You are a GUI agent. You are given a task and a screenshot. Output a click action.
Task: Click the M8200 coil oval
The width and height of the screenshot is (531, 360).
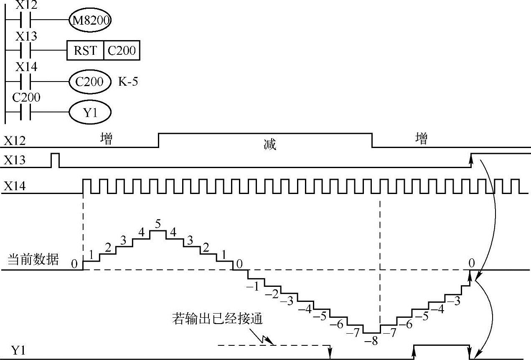(x=90, y=20)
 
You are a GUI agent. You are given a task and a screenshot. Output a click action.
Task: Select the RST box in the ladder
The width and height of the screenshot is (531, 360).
(x=85, y=51)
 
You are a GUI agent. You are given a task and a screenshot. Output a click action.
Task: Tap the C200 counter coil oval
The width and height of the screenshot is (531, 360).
(x=90, y=81)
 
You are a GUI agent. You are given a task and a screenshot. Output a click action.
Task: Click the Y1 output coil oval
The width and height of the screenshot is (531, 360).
(x=90, y=113)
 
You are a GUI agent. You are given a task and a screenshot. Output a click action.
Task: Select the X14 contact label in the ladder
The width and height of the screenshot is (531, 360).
(x=26, y=66)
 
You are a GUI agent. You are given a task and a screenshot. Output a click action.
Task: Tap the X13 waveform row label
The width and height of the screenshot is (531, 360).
(x=15, y=160)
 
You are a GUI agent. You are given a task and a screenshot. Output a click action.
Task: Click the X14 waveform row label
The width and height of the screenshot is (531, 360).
(x=15, y=186)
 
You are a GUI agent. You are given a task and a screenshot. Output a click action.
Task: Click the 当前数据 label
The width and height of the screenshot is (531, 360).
(x=33, y=260)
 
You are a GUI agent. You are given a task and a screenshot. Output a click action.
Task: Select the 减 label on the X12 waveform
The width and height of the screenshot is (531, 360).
(x=270, y=145)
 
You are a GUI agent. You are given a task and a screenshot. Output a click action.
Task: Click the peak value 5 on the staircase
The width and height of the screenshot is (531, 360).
(x=158, y=224)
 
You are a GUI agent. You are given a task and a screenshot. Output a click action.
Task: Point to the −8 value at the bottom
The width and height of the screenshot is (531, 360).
(x=371, y=341)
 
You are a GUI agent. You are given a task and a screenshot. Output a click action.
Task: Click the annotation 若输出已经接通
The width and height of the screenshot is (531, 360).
(x=217, y=319)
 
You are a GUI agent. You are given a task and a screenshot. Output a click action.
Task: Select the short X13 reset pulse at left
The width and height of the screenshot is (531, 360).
(x=55, y=160)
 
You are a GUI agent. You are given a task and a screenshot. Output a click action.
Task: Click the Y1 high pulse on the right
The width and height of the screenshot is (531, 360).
(x=442, y=346)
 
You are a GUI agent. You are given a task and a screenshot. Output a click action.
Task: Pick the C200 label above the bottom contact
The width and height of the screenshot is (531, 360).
(x=26, y=97)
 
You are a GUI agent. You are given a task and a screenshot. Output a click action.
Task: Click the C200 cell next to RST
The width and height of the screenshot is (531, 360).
(x=122, y=51)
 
